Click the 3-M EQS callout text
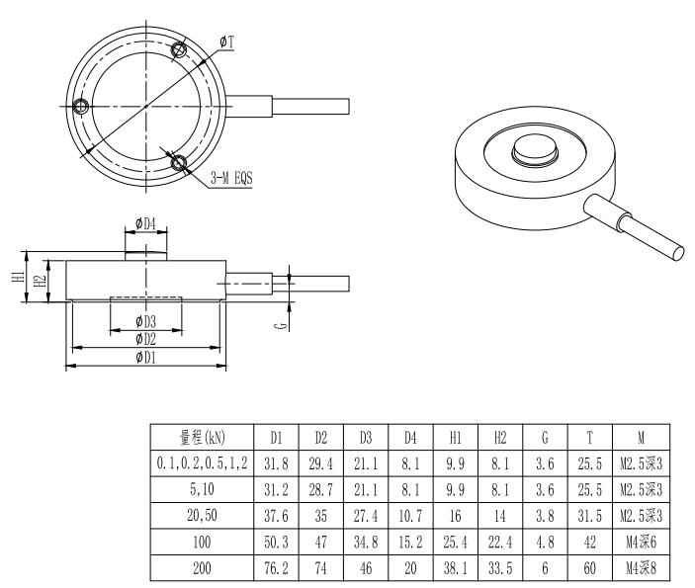click(230, 179)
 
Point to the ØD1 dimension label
click(145, 357)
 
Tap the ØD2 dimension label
click(145, 339)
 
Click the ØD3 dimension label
click(145, 321)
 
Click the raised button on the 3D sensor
click(535, 152)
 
